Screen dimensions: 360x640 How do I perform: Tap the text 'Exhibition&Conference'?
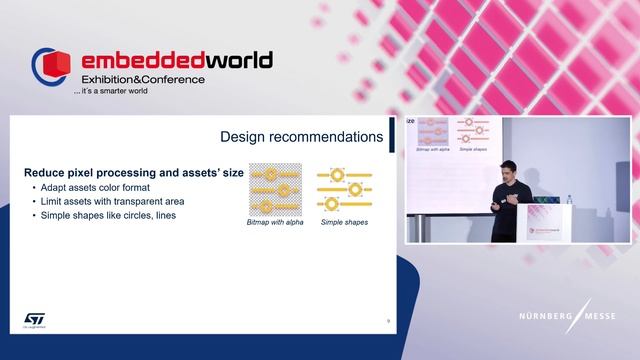(x=143, y=79)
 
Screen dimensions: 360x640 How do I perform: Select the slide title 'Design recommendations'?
(x=301, y=136)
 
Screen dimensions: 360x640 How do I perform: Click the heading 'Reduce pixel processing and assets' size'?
(x=134, y=173)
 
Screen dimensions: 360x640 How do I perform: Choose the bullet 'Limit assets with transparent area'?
(x=112, y=201)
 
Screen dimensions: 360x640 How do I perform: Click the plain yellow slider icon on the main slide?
(x=344, y=189)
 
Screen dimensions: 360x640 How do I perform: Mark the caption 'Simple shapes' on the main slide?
(x=344, y=222)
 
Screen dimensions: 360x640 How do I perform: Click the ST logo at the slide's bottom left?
(x=34, y=319)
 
